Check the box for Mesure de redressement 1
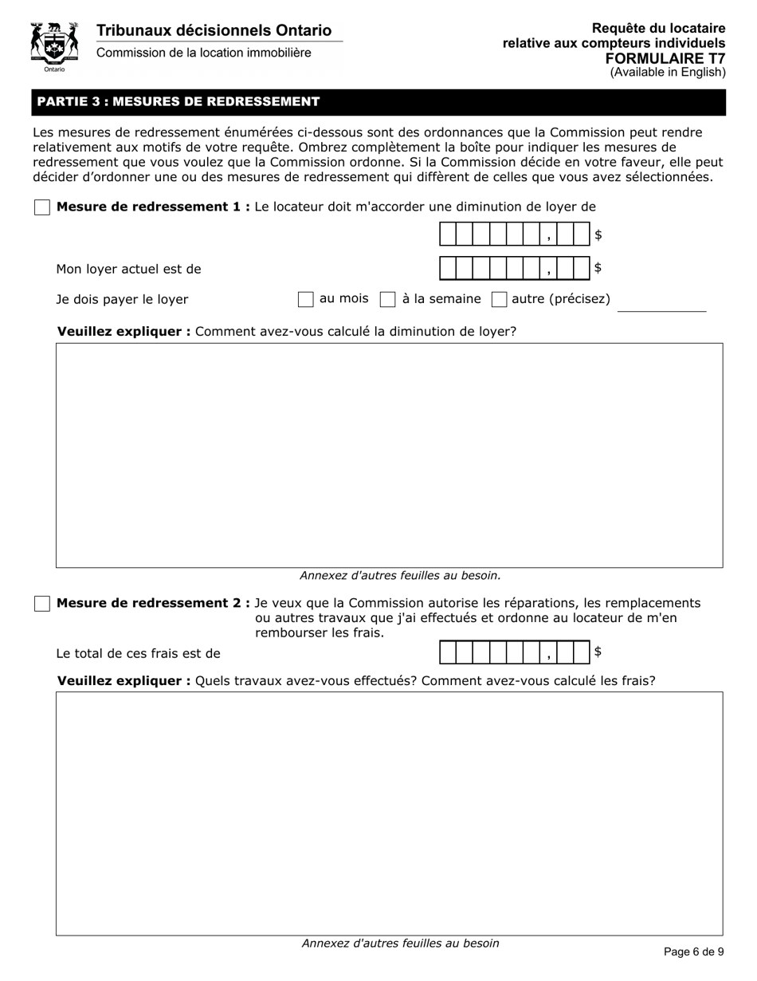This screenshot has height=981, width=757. pyautogui.click(x=42, y=207)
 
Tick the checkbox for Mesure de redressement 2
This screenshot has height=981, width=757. pyautogui.click(x=42, y=604)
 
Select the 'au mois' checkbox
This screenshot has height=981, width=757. pyautogui.click(x=305, y=300)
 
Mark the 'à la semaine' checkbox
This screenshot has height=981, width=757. pyautogui.click(x=388, y=300)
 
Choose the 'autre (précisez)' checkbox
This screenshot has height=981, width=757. pyautogui.click(x=500, y=300)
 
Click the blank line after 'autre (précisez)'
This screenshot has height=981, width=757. pyautogui.click(x=661, y=305)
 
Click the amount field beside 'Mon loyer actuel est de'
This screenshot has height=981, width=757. pyautogui.click(x=514, y=269)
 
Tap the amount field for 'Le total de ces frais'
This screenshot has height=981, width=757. pyautogui.click(x=514, y=652)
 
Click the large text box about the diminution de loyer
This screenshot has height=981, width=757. pyautogui.click(x=389, y=455)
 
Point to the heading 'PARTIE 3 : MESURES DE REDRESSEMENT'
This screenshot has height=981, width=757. pyautogui.click(x=178, y=102)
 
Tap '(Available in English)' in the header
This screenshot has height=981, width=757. pyautogui.click(x=668, y=73)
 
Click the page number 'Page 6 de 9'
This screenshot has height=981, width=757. pyautogui.click(x=693, y=951)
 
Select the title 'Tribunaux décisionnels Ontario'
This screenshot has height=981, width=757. pyautogui.click(x=214, y=30)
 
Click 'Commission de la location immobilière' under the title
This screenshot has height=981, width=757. pyautogui.click(x=203, y=53)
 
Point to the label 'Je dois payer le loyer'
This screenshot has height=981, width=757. pyautogui.click(x=122, y=300)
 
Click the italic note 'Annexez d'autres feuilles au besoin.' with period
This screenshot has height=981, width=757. pyautogui.click(x=400, y=575)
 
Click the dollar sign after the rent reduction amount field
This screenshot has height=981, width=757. pyautogui.click(x=598, y=235)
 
